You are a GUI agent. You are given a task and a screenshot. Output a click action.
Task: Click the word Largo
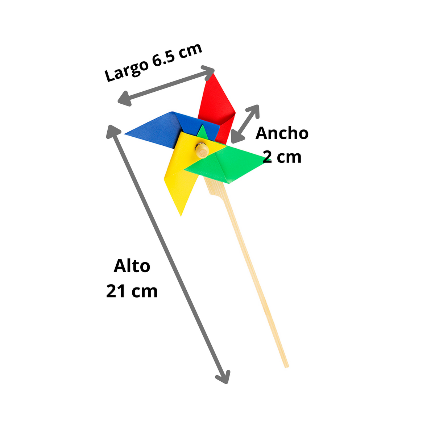127,70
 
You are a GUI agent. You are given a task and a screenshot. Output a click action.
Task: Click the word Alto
132,266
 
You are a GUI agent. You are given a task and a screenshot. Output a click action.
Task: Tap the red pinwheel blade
217,106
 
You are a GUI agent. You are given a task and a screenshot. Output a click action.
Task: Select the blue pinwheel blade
171,130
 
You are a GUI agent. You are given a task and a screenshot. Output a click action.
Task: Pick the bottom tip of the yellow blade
181,216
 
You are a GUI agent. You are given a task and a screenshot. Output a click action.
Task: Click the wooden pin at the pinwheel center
202,150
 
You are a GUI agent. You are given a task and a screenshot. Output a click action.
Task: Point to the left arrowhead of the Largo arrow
125,99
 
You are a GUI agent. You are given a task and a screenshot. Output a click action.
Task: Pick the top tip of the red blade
213,73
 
